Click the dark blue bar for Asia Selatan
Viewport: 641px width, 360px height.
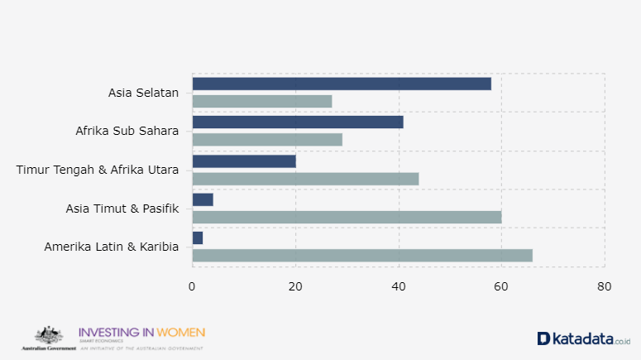[x=342, y=84]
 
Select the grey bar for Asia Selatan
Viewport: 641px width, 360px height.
[x=262, y=101]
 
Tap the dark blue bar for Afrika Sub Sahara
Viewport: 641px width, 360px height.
[x=298, y=122]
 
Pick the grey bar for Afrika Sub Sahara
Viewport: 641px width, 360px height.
[x=267, y=140]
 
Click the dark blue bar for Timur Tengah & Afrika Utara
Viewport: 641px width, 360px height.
[x=244, y=161]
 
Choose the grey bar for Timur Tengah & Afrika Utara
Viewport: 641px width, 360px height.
[x=305, y=179]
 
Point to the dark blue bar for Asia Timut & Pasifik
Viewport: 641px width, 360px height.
[x=203, y=199]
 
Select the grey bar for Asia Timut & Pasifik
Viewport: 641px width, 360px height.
[x=347, y=217]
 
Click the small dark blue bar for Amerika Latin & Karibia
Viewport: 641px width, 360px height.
[x=198, y=238]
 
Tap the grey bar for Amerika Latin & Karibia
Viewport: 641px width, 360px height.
[x=362, y=256]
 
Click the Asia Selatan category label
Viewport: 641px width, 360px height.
[x=143, y=93]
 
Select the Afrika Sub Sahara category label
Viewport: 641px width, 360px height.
[x=127, y=131]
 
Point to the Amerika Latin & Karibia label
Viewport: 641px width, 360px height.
[x=112, y=247]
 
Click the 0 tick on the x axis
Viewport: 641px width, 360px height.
[x=193, y=287]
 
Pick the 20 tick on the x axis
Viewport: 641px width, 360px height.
[x=295, y=287]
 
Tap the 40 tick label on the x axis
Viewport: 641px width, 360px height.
[x=399, y=287]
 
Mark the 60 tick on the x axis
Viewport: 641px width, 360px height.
[x=501, y=287]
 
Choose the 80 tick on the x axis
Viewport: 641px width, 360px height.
[x=605, y=287]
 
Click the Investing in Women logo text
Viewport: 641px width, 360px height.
[x=141, y=333]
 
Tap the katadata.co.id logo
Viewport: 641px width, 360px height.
[x=584, y=338]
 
